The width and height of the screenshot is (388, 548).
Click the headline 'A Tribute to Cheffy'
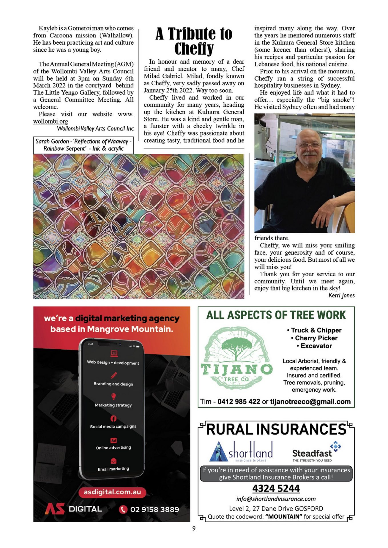194,41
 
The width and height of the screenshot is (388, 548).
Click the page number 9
194,528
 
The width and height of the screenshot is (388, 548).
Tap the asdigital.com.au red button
112,492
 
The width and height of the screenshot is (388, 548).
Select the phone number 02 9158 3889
154,509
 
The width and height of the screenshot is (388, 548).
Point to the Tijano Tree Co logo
237,358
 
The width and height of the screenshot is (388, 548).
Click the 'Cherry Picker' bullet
316,338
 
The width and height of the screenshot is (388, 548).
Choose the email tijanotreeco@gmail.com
310,402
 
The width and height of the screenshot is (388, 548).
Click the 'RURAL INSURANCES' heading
276,429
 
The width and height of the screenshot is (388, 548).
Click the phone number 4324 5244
276,488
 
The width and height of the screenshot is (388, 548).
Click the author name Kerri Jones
341,295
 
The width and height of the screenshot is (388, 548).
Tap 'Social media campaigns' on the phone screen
113,426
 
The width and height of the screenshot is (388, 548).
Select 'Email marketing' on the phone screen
113,469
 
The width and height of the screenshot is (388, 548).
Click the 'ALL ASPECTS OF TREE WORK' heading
276,315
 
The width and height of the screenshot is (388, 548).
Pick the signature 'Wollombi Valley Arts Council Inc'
95,128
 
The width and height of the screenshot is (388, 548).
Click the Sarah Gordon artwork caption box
83,145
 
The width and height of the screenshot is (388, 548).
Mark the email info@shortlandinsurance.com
276,499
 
